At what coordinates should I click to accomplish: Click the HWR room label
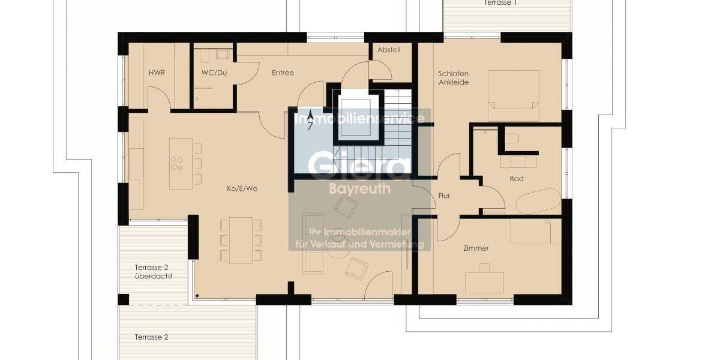click(x=157, y=73)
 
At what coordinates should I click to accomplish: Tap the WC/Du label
click(x=214, y=73)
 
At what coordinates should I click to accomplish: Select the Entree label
click(x=283, y=73)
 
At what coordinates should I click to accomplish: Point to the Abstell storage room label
click(x=389, y=50)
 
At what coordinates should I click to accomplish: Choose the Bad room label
click(x=517, y=179)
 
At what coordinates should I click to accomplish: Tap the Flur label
click(x=444, y=196)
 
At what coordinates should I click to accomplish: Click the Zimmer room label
click(x=476, y=248)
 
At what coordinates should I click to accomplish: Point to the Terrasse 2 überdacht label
click(x=154, y=272)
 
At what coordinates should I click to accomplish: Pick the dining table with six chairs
click(x=241, y=239)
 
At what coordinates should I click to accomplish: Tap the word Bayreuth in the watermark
click(x=360, y=189)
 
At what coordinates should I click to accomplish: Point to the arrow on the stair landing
click(x=310, y=120)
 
